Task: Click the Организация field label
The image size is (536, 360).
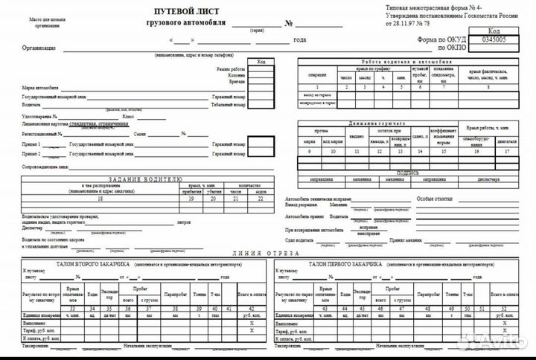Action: click(39, 48)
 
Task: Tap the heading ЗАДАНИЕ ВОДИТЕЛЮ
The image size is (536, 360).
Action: click(144, 179)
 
